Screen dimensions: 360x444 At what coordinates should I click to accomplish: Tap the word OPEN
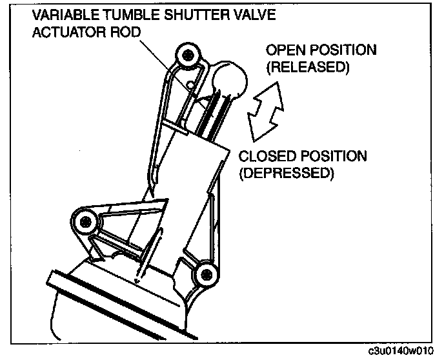tap(282, 50)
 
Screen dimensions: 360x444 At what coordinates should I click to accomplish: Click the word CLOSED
tap(264, 157)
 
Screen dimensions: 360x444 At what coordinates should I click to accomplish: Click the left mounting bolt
tap(85, 223)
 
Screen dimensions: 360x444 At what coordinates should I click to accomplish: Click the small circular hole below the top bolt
tap(191, 84)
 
